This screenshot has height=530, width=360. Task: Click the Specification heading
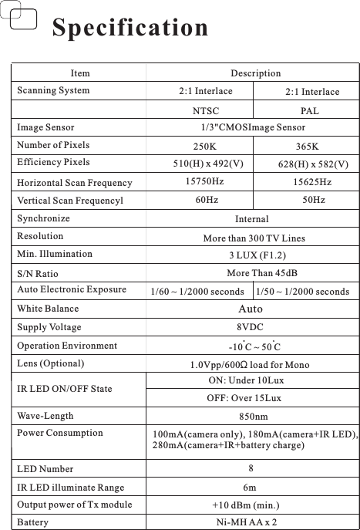click(130, 29)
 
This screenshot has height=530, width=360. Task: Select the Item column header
click(80, 73)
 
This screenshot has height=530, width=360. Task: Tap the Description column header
click(256, 73)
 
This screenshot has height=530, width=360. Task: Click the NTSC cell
click(205, 110)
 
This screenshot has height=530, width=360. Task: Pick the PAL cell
click(310, 110)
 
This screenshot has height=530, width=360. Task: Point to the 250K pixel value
click(205, 146)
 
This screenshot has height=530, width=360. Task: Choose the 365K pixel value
click(311, 146)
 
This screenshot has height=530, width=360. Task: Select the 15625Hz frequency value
click(312, 182)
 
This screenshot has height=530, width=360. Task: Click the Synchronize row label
click(43, 218)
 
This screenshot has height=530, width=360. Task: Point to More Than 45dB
click(262, 273)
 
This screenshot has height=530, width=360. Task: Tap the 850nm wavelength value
click(254, 417)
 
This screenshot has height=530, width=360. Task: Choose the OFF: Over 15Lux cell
click(244, 398)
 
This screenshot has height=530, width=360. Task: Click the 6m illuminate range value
click(250, 488)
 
